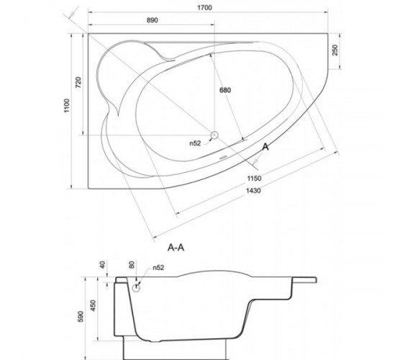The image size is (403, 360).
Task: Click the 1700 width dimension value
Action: coord(204,8)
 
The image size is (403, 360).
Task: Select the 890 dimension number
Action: coord(152,20)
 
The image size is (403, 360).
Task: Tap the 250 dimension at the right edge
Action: coord(335,50)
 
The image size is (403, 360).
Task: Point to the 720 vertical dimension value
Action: coord(78,83)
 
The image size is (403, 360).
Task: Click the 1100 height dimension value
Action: coord(66,105)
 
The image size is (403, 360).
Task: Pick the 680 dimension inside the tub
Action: coord(225,90)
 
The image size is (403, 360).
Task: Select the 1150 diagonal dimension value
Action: coord(254,179)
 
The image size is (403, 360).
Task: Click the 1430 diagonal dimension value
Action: coord(253,191)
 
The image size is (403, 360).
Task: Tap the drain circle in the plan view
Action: coord(214,135)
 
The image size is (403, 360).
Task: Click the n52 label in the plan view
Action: coord(195,143)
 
